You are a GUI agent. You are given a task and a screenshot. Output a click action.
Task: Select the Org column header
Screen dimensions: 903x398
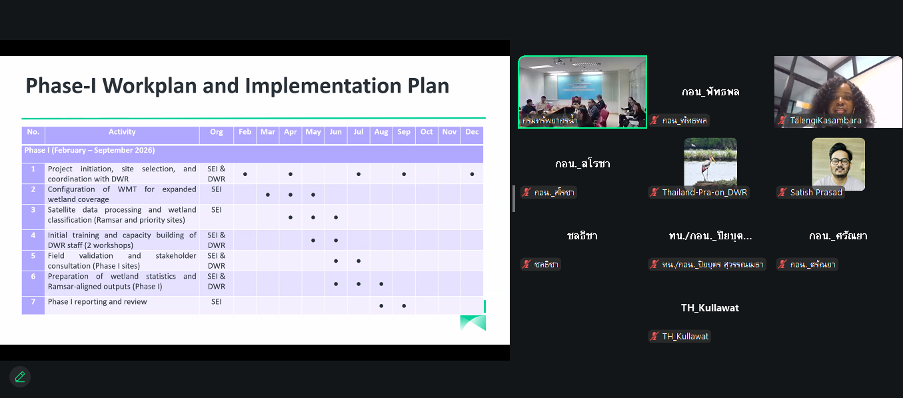(x=217, y=132)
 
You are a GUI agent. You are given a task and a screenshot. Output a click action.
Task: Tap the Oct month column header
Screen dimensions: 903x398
(x=427, y=132)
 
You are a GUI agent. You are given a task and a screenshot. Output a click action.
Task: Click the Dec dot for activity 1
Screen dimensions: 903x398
(x=472, y=174)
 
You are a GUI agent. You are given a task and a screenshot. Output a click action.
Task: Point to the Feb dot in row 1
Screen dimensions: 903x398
(x=245, y=174)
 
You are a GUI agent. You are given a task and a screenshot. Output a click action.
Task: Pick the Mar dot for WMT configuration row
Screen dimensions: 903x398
(x=268, y=195)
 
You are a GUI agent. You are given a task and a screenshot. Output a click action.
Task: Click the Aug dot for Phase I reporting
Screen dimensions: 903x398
(x=381, y=305)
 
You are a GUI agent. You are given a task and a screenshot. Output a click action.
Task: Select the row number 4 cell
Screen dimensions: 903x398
(x=33, y=240)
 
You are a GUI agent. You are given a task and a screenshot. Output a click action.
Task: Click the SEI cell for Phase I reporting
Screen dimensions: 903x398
(x=217, y=301)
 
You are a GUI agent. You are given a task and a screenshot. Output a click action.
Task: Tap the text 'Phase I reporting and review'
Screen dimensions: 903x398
(x=97, y=301)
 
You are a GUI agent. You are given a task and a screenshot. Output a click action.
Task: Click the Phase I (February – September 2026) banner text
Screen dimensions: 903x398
(x=89, y=151)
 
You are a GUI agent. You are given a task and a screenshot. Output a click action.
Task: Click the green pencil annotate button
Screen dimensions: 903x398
(x=20, y=377)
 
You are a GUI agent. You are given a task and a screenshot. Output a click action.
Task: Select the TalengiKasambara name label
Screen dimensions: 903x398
(x=826, y=120)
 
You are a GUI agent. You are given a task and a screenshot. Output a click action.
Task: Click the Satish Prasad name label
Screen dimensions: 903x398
(x=816, y=193)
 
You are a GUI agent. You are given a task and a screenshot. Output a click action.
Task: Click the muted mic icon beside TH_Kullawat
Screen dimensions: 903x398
(x=654, y=336)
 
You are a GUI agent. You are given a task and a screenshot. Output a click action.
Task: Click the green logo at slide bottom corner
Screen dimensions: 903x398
(x=473, y=323)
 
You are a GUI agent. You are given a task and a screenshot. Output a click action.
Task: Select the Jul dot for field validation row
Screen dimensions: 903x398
(x=359, y=261)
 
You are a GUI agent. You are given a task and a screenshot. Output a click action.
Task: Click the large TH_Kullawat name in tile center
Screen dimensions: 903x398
(x=710, y=308)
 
